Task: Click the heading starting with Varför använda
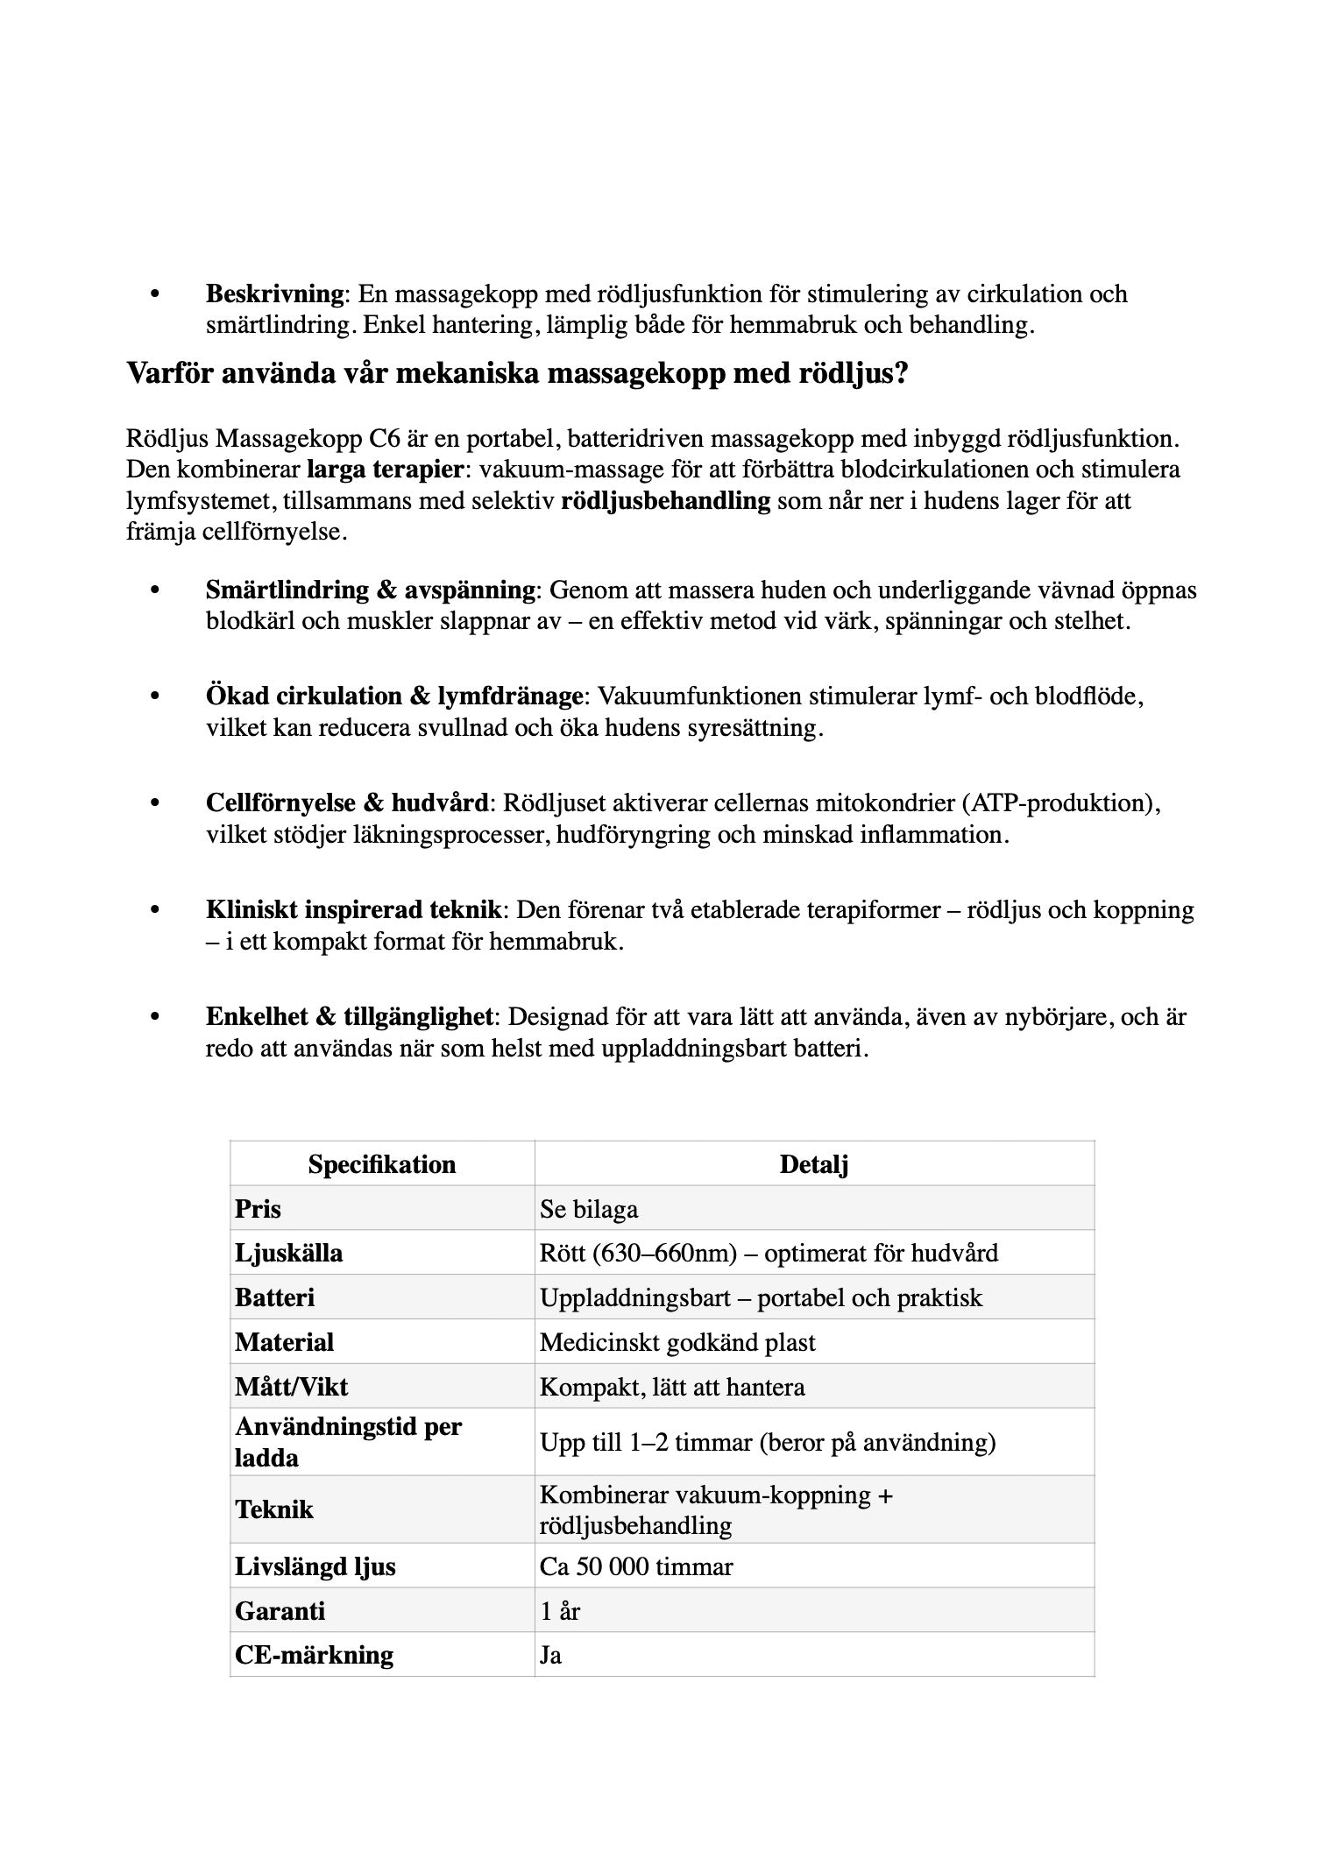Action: click(x=517, y=374)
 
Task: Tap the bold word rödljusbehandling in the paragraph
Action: click(x=665, y=501)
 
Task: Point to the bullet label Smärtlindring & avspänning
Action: click(x=370, y=590)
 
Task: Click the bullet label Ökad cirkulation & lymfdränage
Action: click(x=394, y=696)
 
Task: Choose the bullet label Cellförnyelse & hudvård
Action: click(x=347, y=803)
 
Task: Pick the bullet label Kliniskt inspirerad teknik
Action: click(x=354, y=910)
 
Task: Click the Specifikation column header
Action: click(x=382, y=1164)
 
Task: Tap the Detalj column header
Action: click(x=814, y=1164)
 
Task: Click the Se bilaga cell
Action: click(x=589, y=1209)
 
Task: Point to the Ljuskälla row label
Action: click(x=288, y=1253)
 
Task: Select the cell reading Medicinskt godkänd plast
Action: click(x=677, y=1342)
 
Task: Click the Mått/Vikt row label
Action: click(x=291, y=1387)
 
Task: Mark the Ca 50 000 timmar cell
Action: click(x=636, y=1566)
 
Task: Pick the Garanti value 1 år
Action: click(x=560, y=1611)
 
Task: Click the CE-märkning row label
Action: click(x=314, y=1655)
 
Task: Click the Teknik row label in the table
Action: click(x=273, y=1509)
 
